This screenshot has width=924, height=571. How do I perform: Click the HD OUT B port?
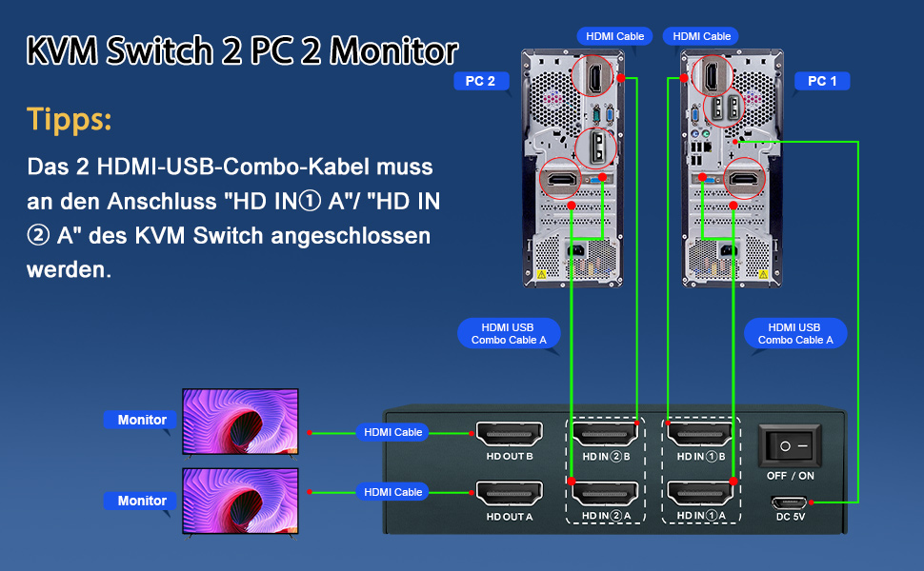509,435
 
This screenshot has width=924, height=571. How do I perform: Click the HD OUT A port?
509,493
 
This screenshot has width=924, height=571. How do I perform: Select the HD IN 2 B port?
604,435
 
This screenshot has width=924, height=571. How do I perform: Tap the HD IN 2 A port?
604,493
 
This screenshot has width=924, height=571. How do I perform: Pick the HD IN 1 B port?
701,435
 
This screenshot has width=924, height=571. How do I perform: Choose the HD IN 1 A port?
701,493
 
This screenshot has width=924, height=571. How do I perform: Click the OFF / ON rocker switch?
790,444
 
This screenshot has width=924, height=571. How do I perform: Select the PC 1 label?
821,81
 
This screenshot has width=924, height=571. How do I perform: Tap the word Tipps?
69,120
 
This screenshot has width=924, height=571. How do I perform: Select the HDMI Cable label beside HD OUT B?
392,432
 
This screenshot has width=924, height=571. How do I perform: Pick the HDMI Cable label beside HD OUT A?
392,492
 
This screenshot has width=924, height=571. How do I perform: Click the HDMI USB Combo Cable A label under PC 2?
509,333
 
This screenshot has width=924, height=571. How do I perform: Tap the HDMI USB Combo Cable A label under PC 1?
794,333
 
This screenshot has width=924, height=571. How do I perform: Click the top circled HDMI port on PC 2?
598,75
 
